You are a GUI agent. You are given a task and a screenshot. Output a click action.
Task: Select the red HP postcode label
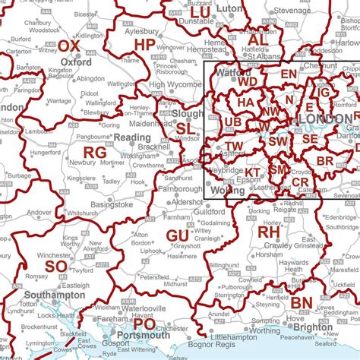[144, 46]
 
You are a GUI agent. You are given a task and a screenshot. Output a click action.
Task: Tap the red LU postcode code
[201, 13]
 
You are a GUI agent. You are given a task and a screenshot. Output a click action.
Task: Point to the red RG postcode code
[95, 153]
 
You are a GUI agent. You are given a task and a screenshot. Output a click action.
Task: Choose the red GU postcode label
[178, 215]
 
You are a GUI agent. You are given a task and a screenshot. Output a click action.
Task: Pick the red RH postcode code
[269, 231]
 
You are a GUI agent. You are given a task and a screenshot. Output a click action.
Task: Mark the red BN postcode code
[300, 302]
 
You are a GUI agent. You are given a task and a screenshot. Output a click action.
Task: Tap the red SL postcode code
[185, 129]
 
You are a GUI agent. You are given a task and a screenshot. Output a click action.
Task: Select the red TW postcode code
[234, 147]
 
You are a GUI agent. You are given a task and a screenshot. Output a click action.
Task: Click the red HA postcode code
[245, 102]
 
